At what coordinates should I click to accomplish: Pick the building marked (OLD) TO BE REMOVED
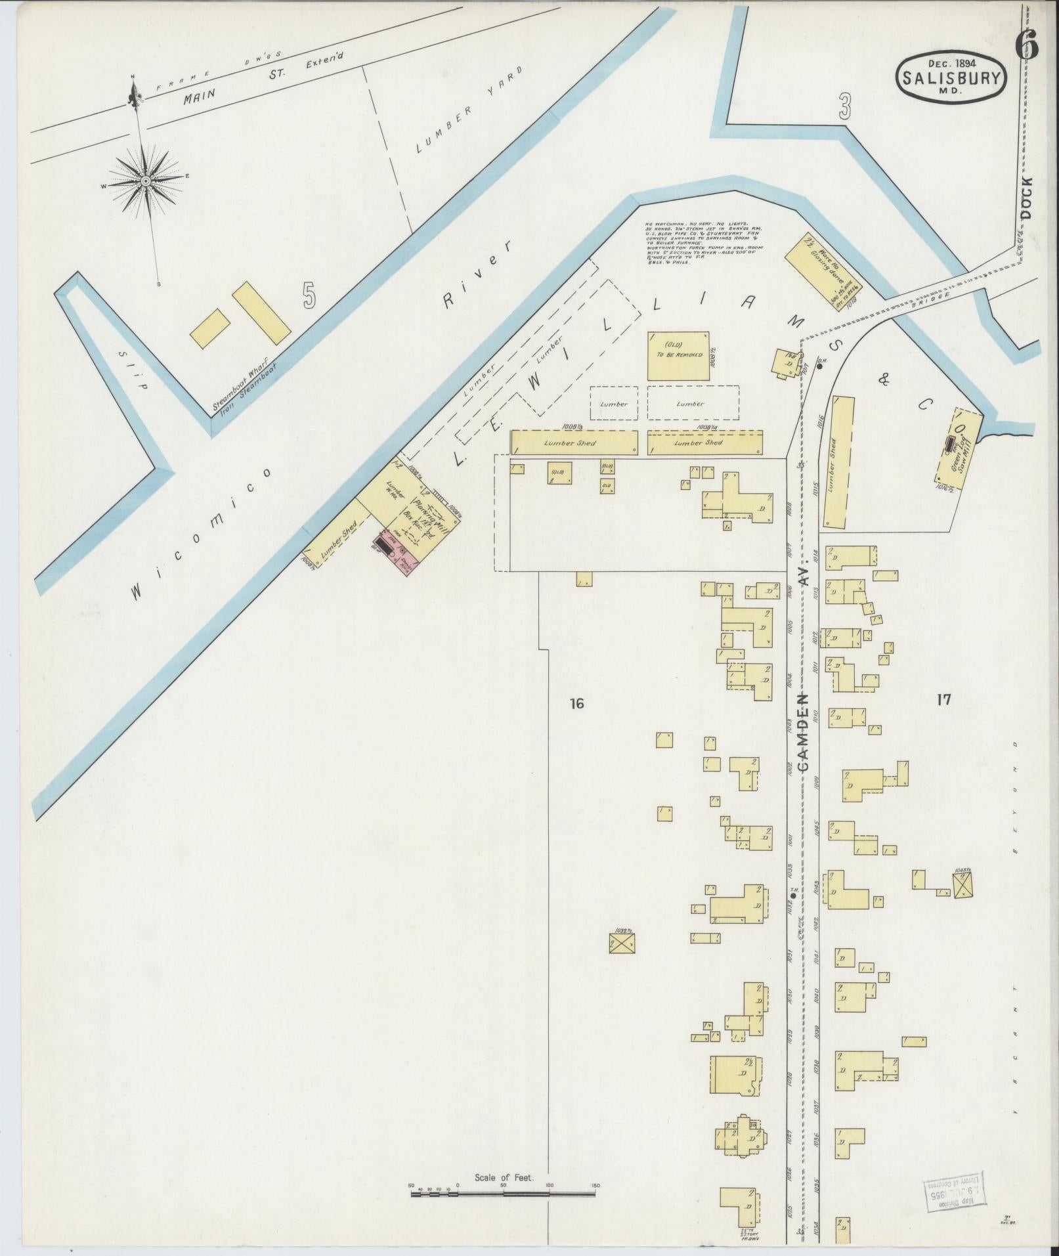[x=678, y=355]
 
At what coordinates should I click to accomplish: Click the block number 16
[x=576, y=704]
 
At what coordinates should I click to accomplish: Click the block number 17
[x=944, y=700]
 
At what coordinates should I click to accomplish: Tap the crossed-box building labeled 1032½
[x=622, y=943]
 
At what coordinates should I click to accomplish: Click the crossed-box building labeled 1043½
[x=963, y=884]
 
